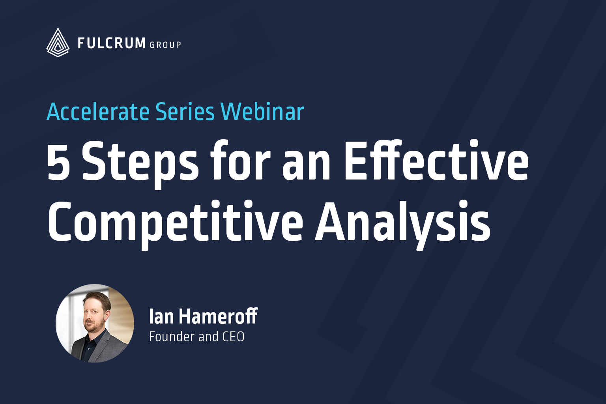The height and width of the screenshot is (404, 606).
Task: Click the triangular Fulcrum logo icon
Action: [58, 43]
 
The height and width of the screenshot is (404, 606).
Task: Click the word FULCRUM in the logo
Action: [112, 43]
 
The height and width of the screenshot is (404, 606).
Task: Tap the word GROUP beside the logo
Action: [165, 45]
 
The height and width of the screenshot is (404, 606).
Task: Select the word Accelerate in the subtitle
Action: [98, 112]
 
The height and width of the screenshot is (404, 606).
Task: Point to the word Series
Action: [185, 112]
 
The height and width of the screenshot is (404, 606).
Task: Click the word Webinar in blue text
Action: [262, 112]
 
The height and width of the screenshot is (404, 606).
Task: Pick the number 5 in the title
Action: [59, 161]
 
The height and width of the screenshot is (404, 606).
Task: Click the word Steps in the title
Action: [140, 164]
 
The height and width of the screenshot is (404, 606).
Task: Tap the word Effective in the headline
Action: [436, 160]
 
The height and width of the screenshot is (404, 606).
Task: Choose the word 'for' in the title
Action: [241, 160]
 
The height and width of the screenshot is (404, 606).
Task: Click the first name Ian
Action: [161, 316]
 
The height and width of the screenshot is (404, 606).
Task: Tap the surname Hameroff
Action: [218, 316]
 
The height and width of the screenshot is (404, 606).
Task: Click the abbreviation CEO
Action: [233, 337]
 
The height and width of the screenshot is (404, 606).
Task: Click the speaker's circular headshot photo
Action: [95, 324]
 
